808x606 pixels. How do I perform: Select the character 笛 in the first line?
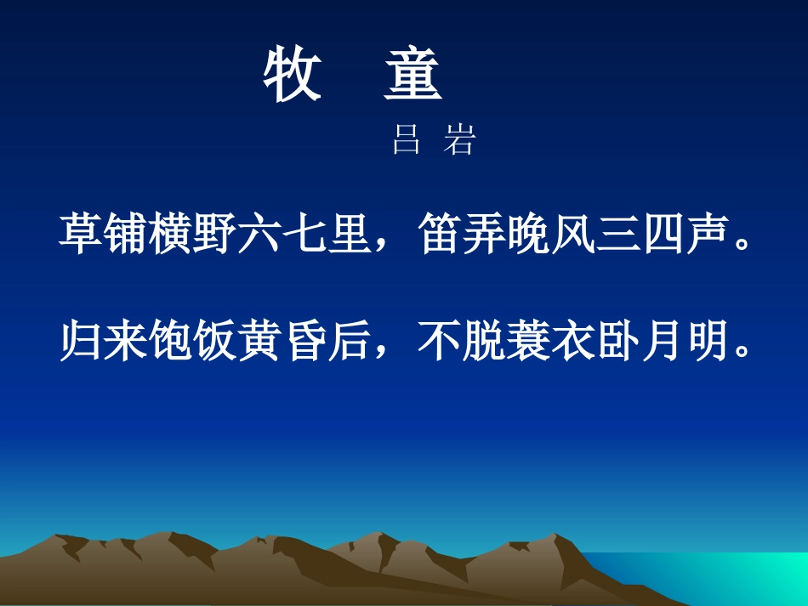(439, 234)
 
